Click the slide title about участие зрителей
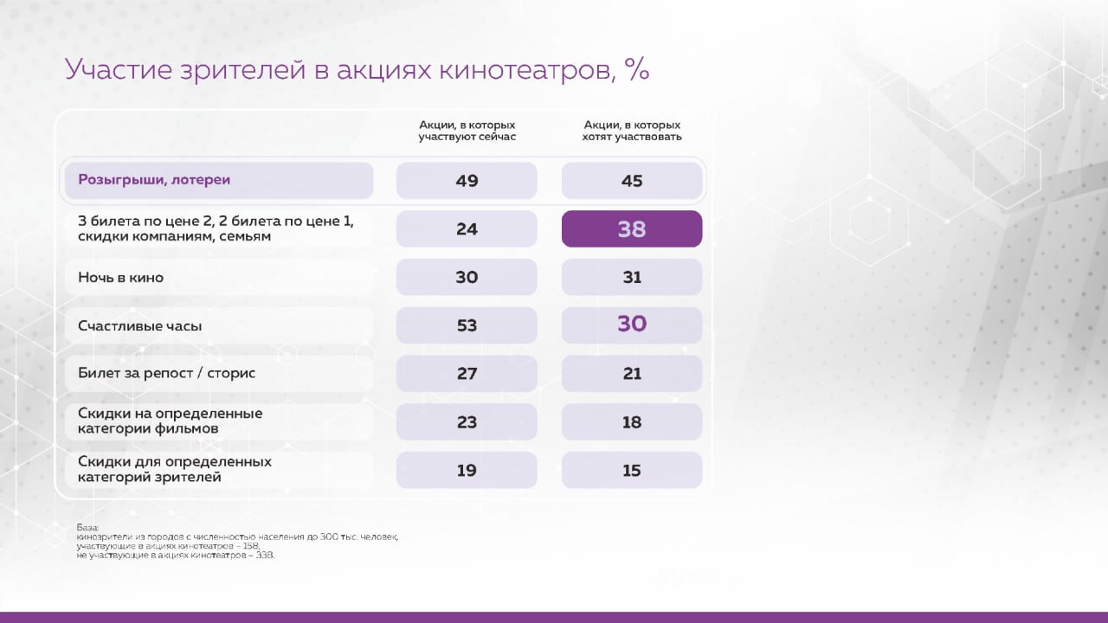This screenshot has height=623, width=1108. coord(357,71)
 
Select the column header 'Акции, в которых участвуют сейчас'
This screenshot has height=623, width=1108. coord(467,131)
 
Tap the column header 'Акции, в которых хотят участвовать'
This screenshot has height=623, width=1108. coord(632,131)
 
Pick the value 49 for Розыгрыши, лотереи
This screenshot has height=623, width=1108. coord(467,181)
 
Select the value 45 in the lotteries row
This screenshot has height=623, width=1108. coord(632,181)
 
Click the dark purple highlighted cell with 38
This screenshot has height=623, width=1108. coord(632,229)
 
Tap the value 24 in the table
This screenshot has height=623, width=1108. coord(467,229)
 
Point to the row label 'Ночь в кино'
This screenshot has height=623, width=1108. coord(120,278)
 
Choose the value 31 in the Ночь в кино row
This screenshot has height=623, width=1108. coord(632,278)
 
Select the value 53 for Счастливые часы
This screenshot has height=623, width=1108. coord(467,325)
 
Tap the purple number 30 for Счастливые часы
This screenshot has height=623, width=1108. coord(632,324)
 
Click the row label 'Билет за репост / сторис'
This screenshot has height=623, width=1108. coord(166,374)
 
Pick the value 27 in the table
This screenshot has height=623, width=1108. coord(467,374)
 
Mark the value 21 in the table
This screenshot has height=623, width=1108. coord(632,374)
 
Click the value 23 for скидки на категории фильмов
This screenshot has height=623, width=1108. coord(467,422)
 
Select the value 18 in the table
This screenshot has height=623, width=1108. coord(632,422)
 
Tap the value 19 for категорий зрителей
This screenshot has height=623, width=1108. coord(467,471)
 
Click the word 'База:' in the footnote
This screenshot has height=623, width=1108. coord(87,527)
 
